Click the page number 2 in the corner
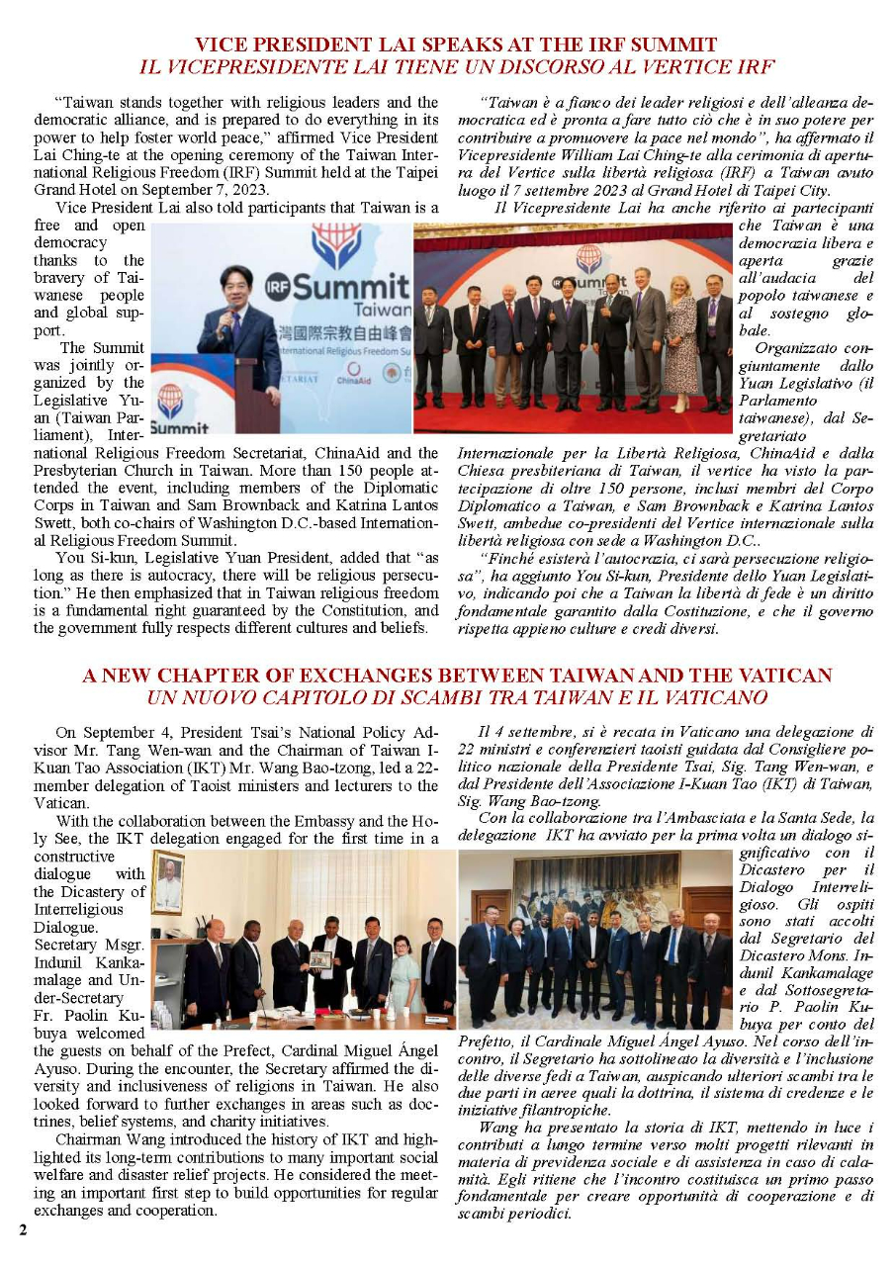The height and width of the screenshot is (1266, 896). coord(21,1229)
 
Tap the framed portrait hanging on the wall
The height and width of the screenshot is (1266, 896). coord(169,881)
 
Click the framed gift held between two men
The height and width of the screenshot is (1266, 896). coord(319,959)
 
